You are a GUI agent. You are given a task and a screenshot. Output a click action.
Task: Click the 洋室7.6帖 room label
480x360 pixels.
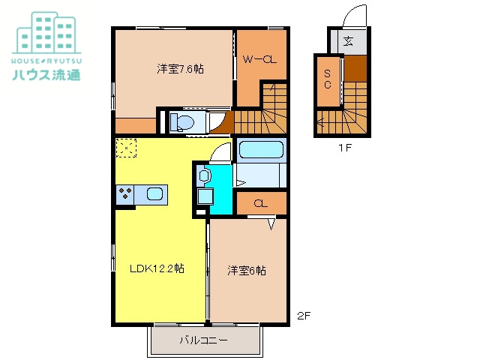tap(181, 69)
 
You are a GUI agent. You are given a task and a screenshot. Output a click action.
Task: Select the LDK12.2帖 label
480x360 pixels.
tap(157, 268)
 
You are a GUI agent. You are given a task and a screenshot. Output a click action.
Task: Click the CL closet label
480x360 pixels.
tap(260, 203)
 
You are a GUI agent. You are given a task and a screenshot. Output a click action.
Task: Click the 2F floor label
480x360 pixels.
tap(302, 316)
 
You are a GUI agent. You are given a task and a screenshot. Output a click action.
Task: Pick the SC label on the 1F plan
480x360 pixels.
tap(328, 79)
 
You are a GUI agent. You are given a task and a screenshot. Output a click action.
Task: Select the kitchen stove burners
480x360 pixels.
tap(124, 195)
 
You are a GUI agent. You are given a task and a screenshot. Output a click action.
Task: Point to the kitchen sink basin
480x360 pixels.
tap(155, 195)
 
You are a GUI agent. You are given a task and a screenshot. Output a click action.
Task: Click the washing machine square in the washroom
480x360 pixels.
tap(203, 197)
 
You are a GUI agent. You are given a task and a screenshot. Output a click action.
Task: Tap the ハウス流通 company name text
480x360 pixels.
tap(46, 74)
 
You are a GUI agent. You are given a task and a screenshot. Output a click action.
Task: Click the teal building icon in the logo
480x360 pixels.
tap(46, 31)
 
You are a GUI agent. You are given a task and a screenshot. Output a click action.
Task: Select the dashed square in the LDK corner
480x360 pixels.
tap(124, 148)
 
